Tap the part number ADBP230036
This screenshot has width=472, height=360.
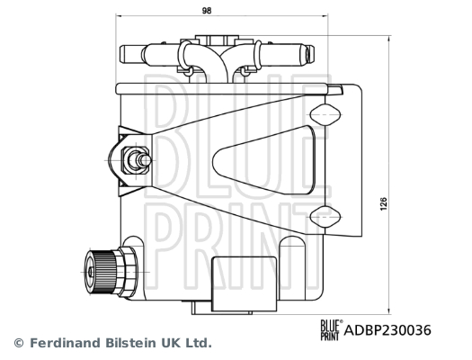387,330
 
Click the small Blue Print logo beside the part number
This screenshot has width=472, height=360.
329,329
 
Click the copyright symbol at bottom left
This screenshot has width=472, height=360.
18,343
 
